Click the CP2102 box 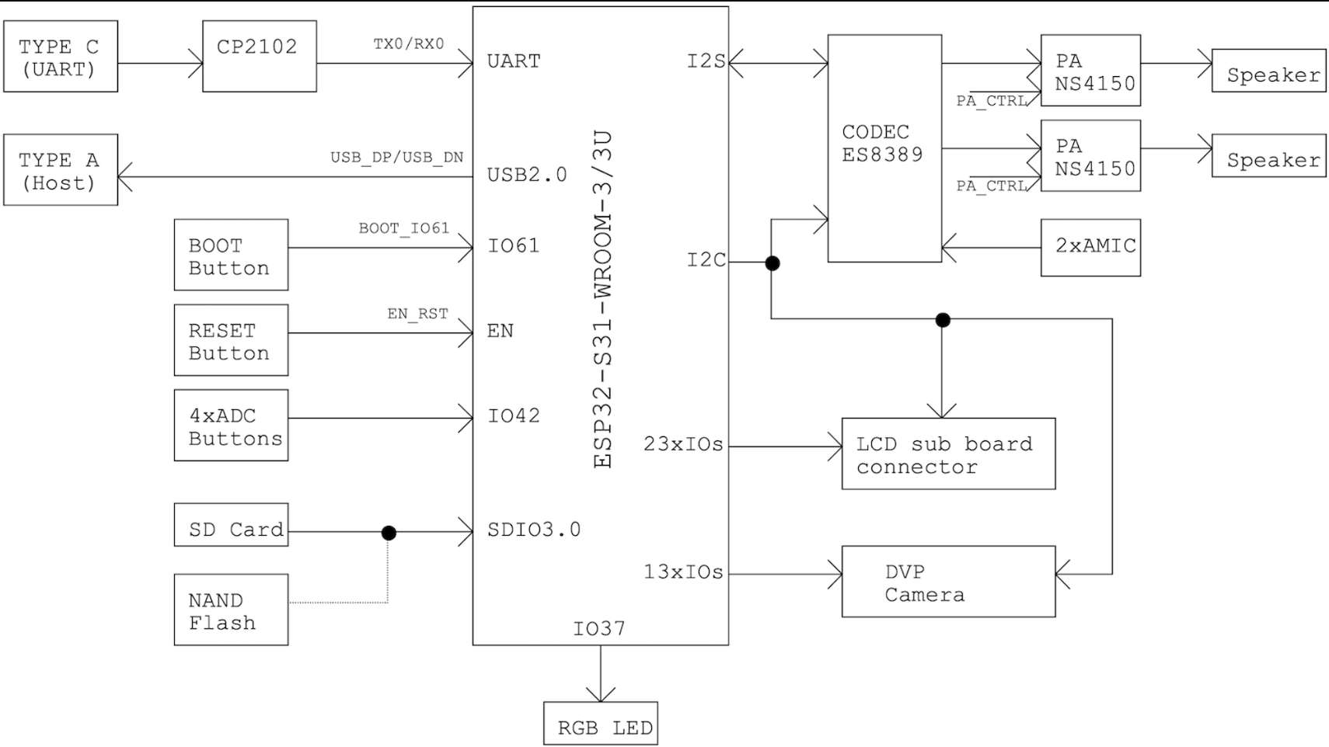click(260, 57)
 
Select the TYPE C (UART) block click(61, 57)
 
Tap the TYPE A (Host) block click(61, 169)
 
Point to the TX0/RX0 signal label click(408, 43)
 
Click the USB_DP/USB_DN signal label click(397, 157)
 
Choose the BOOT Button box click(232, 255)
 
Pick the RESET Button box click(232, 340)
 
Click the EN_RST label click(417, 314)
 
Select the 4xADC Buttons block click(232, 425)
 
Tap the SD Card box click(232, 525)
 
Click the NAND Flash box click(232, 610)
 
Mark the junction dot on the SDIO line click(389, 533)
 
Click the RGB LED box click(601, 724)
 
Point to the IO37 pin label click(599, 628)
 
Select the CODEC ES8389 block click(884, 148)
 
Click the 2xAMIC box click(1090, 248)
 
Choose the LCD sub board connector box click(949, 453)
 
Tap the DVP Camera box click(949, 582)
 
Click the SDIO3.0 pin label click(534, 530)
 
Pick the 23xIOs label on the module click(683, 444)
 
